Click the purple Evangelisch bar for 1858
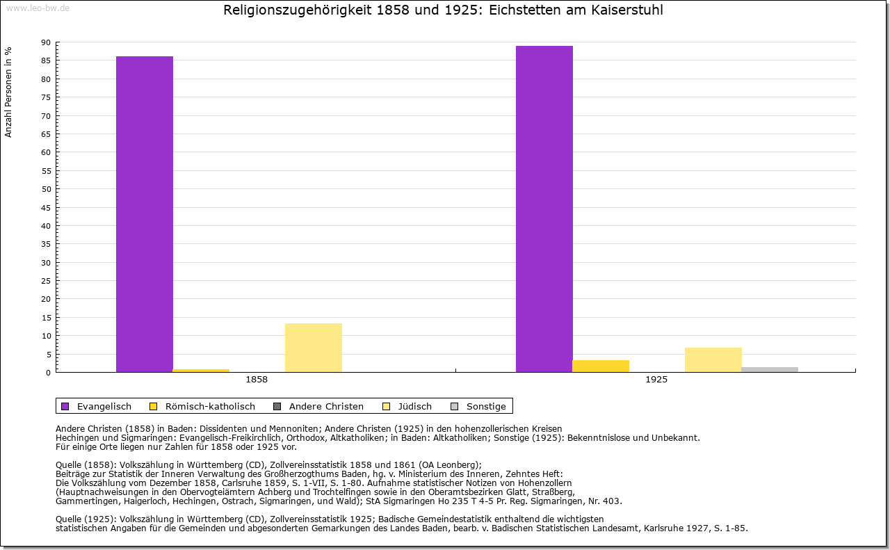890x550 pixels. click(145, 214)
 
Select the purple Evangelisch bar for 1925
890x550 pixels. click(544, 209)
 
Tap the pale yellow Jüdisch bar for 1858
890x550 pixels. click(314, 348)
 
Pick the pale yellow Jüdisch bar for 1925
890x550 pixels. click(713, 360)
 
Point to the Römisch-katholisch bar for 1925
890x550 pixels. click(601, 366)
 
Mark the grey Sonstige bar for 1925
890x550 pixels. click(770, 370)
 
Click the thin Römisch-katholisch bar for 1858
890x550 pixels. click(201, 371)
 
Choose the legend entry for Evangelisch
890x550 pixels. click(96, 406)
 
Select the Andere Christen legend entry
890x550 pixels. click(318, 406)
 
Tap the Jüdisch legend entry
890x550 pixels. click(407, 406)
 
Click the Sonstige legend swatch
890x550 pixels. click(455, 406)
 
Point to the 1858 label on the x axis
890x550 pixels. click(257, 380)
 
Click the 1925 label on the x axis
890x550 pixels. click(656, 380)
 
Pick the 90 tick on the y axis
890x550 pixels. click(46, 42)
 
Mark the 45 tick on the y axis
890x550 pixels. click(46, 208)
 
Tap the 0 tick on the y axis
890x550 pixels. click(49, 373)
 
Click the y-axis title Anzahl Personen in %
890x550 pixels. click(8, 92)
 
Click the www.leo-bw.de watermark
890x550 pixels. click(38, 8)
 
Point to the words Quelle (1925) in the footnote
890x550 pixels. click(86, 519)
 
